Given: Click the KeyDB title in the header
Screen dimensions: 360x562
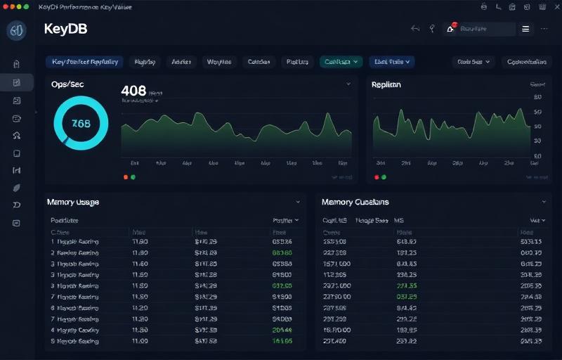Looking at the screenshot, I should (x=65, y=30).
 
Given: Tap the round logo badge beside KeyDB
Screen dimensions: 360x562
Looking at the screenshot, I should (x=17, y=30).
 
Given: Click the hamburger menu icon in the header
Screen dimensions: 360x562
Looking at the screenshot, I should (x=525, y=29).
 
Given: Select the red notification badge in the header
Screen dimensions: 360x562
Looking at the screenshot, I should (x=455, y=25).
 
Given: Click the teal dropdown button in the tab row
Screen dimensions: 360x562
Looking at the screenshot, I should (x=341, y=62).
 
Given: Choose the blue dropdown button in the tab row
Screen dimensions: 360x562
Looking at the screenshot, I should (x=392, y=62).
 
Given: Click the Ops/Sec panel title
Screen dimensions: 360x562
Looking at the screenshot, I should (x=68, y=84).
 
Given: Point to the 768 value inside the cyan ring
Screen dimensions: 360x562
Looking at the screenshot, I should (x=81, y=123).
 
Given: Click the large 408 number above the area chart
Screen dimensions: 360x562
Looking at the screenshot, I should (x=133, y=91).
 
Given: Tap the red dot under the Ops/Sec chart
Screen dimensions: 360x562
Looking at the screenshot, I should (x=126, y=177).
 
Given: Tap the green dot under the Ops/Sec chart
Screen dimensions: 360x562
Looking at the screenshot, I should (x=133, y=177).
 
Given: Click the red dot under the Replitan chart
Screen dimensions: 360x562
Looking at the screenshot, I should (x=377, y=177).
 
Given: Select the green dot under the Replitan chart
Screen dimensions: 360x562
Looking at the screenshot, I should (x=384, y=177).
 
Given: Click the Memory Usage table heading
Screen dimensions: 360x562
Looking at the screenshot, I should (x=73, y=202).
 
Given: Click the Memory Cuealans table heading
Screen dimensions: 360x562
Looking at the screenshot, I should (x=355, y=202).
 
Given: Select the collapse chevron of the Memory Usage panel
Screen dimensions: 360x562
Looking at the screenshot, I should (x=298, y=202).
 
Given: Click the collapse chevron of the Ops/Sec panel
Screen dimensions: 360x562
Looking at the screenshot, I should (x=348, y=84).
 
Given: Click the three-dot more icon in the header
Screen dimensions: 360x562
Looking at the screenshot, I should (x=544, y=29).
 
